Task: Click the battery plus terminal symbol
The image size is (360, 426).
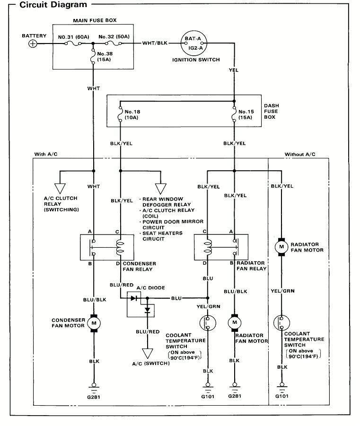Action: [33, 43]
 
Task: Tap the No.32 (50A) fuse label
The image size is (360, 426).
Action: [114, 37]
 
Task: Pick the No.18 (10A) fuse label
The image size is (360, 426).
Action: [134, 115]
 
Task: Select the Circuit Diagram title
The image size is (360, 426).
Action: [53, 5]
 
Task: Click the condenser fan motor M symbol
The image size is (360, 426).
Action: [94, 323]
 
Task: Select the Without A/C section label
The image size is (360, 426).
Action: [299, 155]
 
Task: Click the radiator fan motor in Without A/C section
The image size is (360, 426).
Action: [281, 247]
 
